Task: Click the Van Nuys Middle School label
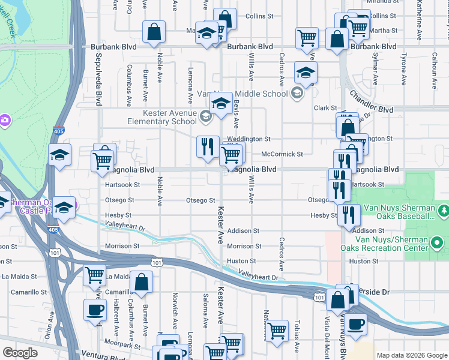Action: pos(250,94)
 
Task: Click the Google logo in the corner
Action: pos(20,353)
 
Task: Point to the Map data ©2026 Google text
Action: pos(412,355)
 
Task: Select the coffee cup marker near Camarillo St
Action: pos(95,310)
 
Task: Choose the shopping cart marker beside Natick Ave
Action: pos(277,331)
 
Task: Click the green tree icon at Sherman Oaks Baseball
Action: pos(443,211)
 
